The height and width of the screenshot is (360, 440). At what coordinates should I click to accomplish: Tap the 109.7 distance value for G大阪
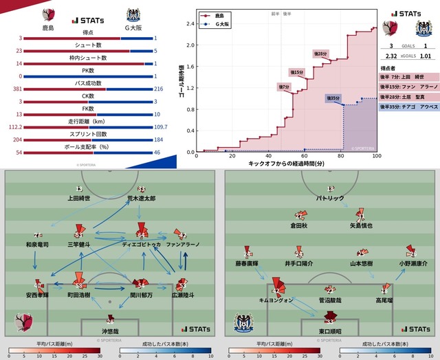point(160,127)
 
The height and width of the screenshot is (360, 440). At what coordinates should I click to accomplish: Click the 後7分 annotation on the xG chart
point(285,87)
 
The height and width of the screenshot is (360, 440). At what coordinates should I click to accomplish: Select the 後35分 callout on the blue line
point(333,98)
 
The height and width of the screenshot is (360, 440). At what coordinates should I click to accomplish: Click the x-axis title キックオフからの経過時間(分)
point(287,165)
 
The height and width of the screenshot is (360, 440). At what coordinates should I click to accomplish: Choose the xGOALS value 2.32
point(391,56)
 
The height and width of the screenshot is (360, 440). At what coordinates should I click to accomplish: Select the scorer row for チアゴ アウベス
point(408,106)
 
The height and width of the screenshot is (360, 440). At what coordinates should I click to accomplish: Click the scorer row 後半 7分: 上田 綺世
point(408,78)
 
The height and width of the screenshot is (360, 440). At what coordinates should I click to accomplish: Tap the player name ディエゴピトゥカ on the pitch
point(141,244)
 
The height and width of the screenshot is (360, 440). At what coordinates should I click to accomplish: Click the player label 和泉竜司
point(37,244)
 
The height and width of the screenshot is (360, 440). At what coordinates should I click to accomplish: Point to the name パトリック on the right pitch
point(331,198)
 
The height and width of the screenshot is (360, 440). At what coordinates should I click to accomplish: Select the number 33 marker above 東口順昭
point(331,322)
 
